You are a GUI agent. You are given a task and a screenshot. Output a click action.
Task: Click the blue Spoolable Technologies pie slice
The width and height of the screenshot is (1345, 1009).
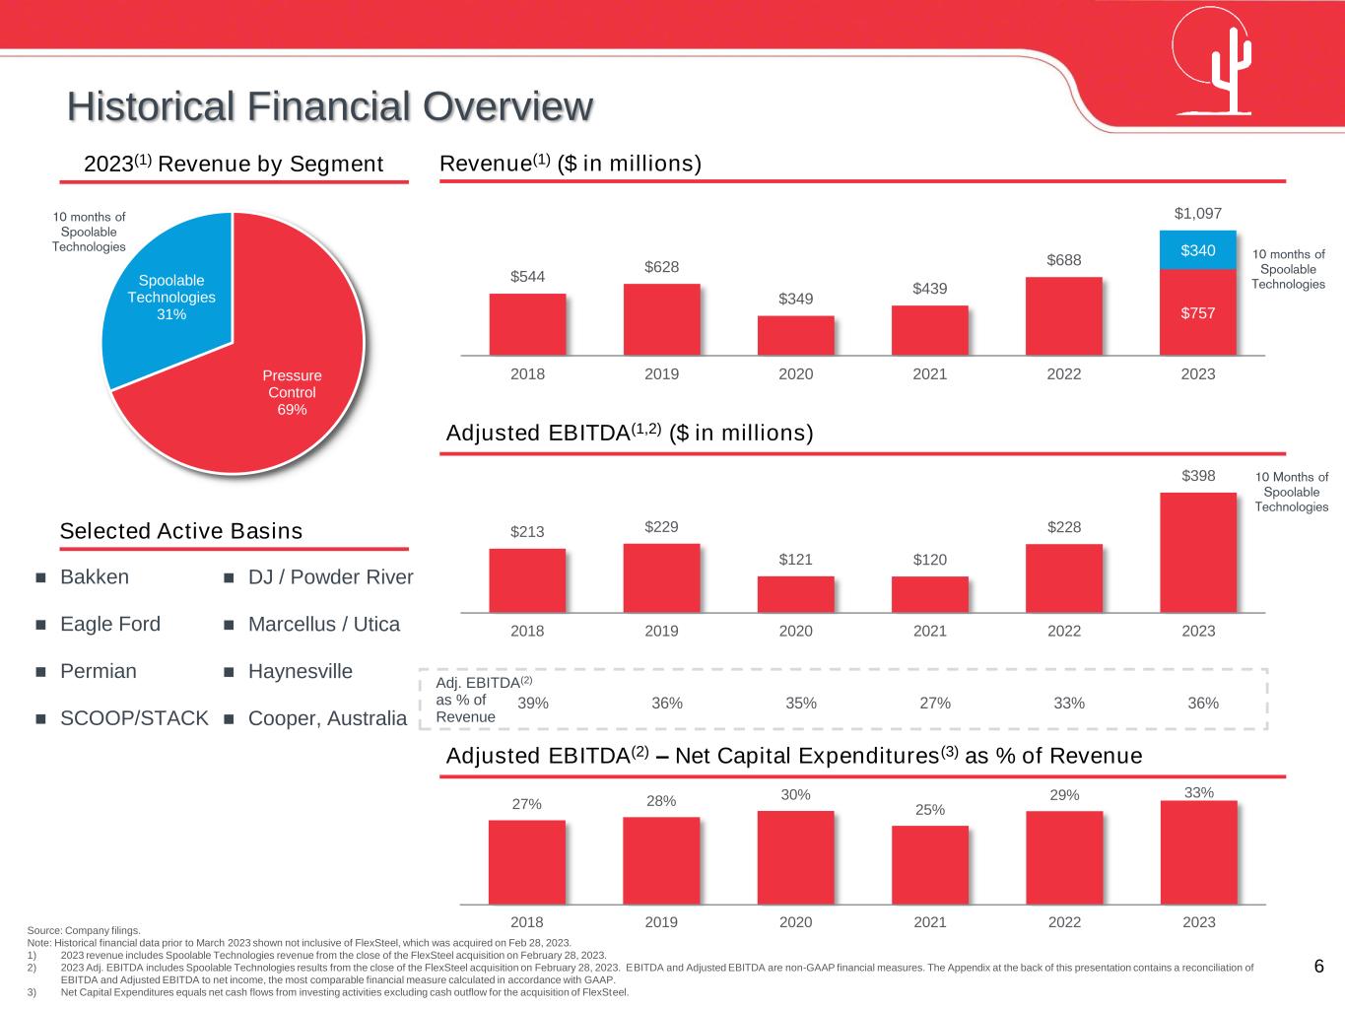pos(172,296)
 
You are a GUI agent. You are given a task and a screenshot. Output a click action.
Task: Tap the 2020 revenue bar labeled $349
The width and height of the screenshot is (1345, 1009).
pos(795,335)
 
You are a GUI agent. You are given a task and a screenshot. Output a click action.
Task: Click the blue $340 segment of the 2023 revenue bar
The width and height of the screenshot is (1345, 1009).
pos(1198,250)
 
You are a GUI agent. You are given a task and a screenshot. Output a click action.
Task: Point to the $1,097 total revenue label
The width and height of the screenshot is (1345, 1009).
pos(1198,213)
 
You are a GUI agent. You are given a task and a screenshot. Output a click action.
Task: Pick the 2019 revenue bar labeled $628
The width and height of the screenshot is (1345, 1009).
pos(661,319)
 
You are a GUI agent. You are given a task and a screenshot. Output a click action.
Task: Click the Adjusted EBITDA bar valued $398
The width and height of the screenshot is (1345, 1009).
pos(1198,552)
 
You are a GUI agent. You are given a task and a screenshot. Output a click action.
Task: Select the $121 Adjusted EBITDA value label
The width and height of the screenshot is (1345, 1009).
pos(796,560)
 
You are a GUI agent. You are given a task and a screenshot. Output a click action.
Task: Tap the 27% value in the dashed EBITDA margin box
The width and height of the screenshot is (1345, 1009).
pos(935,704)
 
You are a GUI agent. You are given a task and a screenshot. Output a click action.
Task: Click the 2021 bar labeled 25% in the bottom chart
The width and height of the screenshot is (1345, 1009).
pos(929,864)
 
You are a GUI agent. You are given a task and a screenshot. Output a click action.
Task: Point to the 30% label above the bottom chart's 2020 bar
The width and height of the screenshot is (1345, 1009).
pos(796,795)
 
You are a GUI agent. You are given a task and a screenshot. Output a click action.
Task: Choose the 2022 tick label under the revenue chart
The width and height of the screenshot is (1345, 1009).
pos(1064,374)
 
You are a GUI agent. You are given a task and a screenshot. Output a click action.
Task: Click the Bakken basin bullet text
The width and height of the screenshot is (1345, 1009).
pos(95,577)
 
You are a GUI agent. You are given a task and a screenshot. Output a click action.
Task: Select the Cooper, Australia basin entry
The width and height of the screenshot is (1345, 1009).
pos(327,719)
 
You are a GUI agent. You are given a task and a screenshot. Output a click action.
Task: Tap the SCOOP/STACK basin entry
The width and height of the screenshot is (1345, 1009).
pos(134,719)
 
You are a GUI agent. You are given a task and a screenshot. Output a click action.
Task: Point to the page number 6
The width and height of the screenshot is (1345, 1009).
pos(1318,967)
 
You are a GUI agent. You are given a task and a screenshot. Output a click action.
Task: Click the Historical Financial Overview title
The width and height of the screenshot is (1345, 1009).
pos(331,106)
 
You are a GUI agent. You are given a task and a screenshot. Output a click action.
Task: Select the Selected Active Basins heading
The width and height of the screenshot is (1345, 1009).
pos(181,532)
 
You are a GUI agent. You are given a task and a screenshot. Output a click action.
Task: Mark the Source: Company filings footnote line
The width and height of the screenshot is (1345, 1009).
pos(84,930)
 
